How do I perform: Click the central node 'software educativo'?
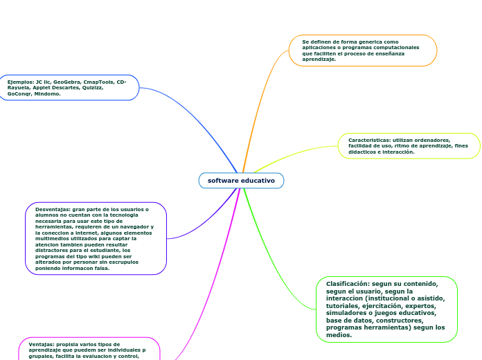(x=241, y=181)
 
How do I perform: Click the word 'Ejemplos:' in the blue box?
(x=20, y=82)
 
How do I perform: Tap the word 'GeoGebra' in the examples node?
(x=66, y=82)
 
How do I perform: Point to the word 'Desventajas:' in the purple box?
(x=53, y=208)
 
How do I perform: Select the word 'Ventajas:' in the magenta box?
(x=42, y=343)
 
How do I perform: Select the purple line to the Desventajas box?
(x=208, y=222)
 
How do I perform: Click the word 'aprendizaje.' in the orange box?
(x=319, y=60)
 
